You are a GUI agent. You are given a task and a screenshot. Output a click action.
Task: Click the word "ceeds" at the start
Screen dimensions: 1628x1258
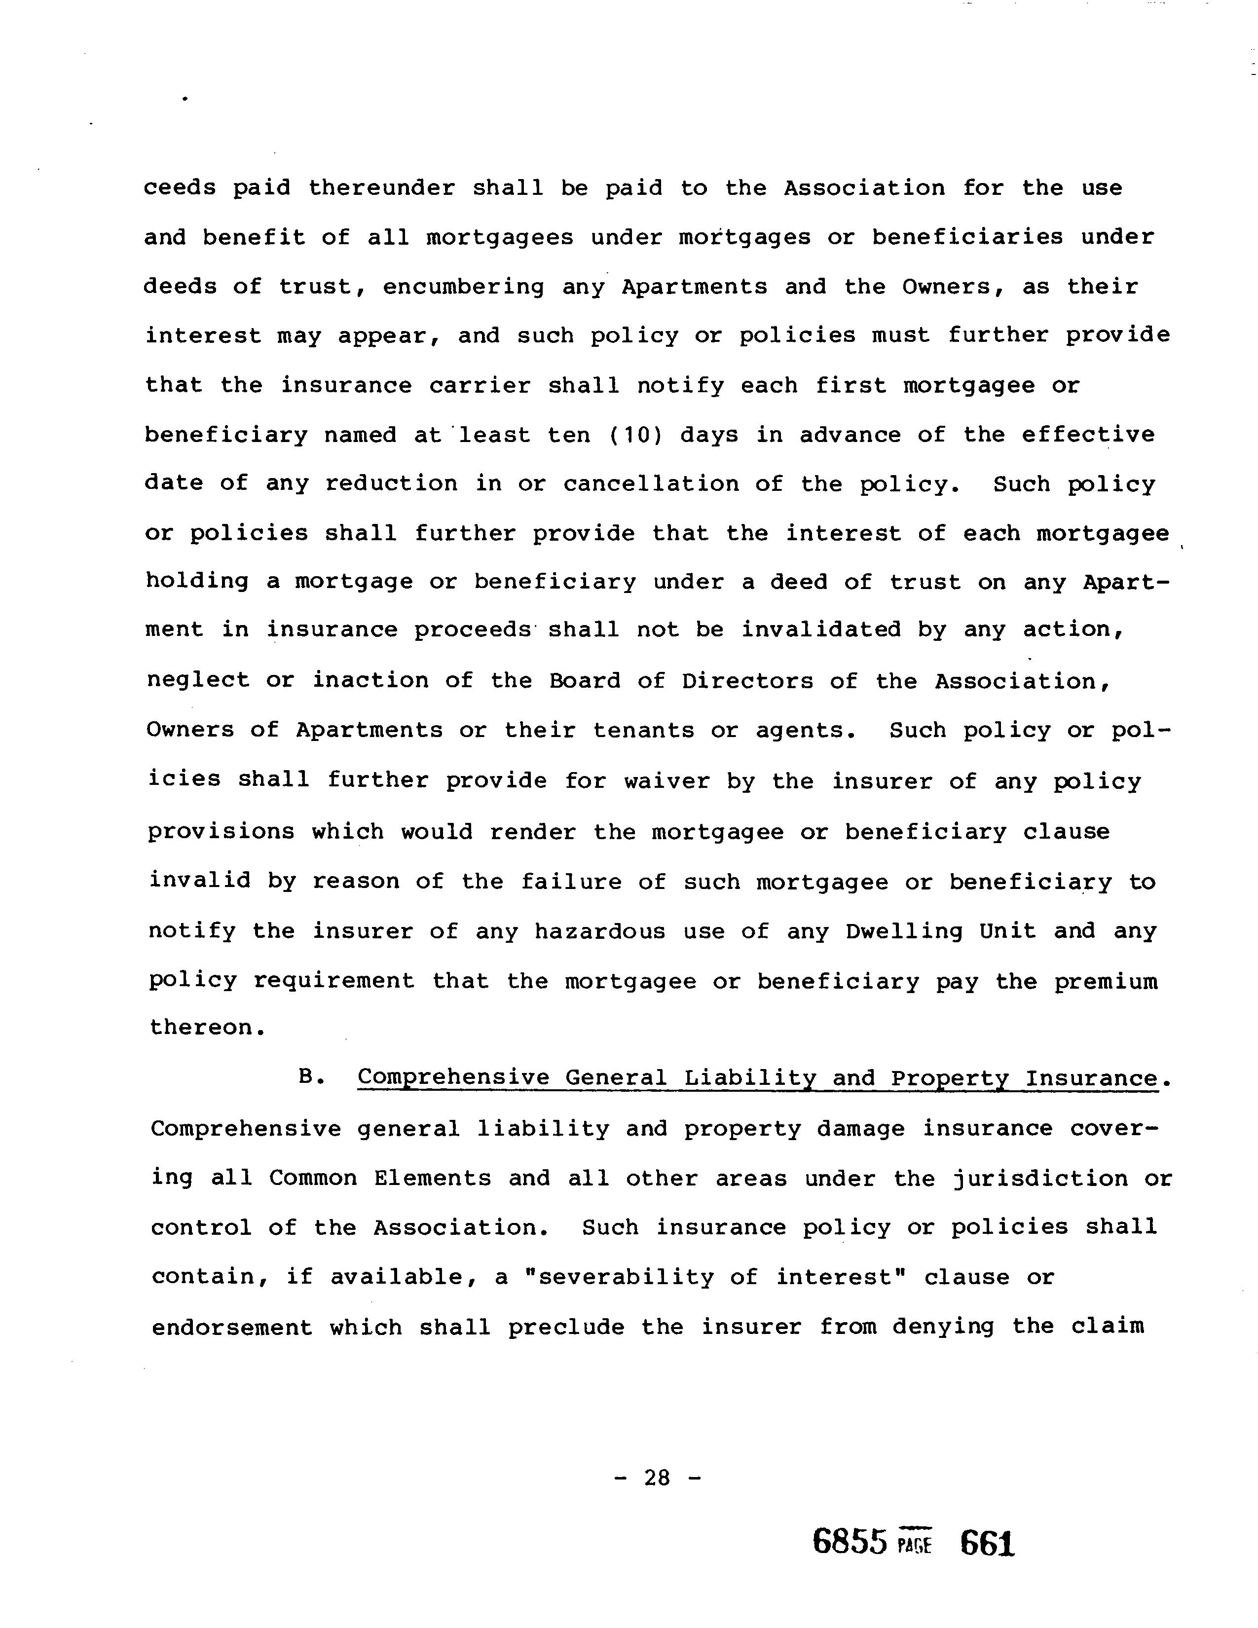tap(180, 188)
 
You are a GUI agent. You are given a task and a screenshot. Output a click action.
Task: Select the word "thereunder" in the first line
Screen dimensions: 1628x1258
tap(381, 188)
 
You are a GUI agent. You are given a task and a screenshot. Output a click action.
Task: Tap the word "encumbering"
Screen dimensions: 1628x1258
tap(464, 288)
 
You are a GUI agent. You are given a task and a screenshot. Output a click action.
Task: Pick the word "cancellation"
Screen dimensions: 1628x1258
tap(651, 484)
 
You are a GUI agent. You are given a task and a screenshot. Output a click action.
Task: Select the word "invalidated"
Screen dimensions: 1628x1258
tap(820, 630)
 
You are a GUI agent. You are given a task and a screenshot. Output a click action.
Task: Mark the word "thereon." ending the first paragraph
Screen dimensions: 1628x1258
tap(207, 1028)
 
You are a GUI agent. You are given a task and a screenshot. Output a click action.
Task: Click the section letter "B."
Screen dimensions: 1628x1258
tap(311, 1078)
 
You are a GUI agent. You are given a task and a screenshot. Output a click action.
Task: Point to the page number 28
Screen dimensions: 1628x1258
tap(657, 1478)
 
